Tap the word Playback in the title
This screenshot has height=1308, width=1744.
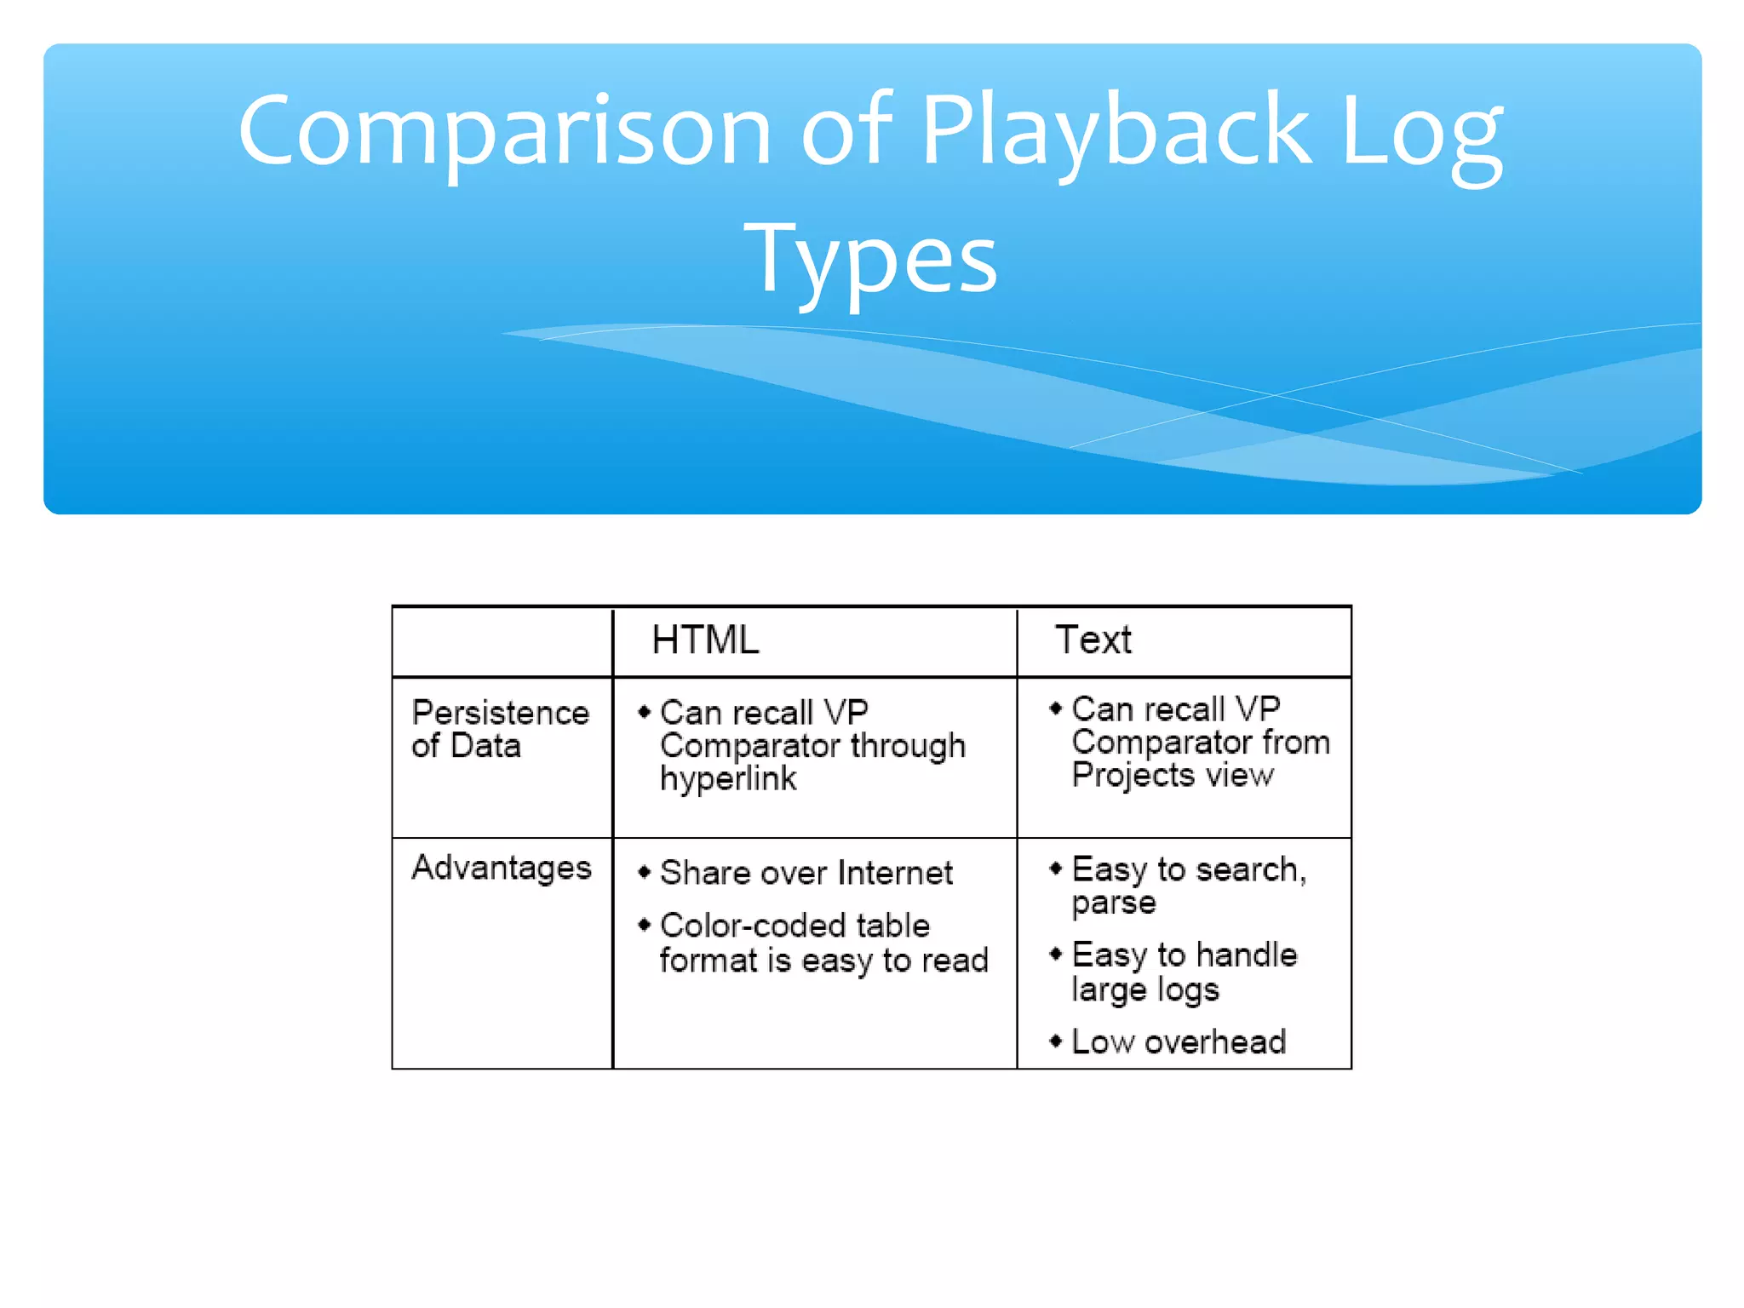pyautogui.click(x=1116, y=132)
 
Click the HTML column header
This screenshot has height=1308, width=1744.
pyautogui.click(x=705, y=640)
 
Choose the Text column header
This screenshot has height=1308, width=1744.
pyautogui.click(x=1093, y=640)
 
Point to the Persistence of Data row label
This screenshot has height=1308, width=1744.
pyautogui.click(x=500, y=729)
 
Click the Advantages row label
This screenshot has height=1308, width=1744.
pyautogui.click(x=502, y=868)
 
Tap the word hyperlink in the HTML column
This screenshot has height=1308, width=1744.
pyautogui.click(x=728, y=778)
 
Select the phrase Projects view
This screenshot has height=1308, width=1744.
pyautogui.click(x=1173, y=775)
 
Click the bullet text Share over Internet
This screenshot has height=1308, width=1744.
pyautogui.click(x=806, y=873)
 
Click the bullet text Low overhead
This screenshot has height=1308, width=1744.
pyautogui.click(x=1179, y=1041)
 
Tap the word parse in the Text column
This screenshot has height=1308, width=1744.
pyautogui.click(x=1114, y=903)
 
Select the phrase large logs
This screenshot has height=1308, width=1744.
pyautogui.click(x=1145, y=990)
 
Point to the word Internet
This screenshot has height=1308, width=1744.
pyautogui.click(x=895, y=873)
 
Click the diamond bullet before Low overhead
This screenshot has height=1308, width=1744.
pyautogui.click(x=1056, y=1041)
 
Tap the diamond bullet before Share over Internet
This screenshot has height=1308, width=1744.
pyautogui.click(x=645, y=871)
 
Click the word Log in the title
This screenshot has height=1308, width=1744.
pyautogui.click(x=1420, y=132)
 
